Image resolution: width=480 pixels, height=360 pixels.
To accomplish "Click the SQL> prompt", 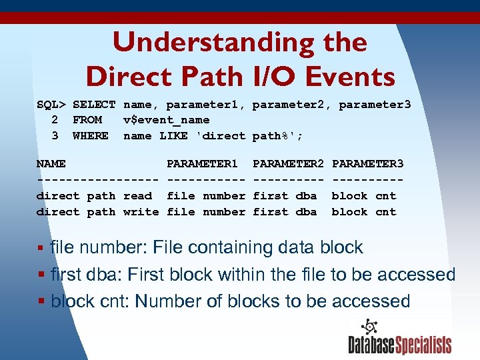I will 51,105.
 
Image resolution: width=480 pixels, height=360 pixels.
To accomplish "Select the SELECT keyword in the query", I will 94,105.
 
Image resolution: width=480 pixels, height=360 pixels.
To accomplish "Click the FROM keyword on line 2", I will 87,120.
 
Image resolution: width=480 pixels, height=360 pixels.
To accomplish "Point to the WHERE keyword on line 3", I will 91,136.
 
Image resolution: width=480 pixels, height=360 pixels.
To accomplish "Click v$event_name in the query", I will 167,120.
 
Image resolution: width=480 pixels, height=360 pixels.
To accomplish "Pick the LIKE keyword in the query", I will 173,136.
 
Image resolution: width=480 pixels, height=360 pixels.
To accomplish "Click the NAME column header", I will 51,164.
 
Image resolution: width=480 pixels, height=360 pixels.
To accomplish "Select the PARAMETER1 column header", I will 202,164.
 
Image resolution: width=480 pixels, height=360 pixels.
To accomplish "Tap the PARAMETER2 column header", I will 288,164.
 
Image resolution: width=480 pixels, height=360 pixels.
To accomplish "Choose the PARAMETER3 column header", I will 367,164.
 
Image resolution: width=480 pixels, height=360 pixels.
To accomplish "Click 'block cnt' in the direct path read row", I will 364,196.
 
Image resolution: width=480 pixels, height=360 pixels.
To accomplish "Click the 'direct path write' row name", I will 97,212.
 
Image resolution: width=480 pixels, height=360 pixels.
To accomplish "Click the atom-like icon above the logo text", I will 369,327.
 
